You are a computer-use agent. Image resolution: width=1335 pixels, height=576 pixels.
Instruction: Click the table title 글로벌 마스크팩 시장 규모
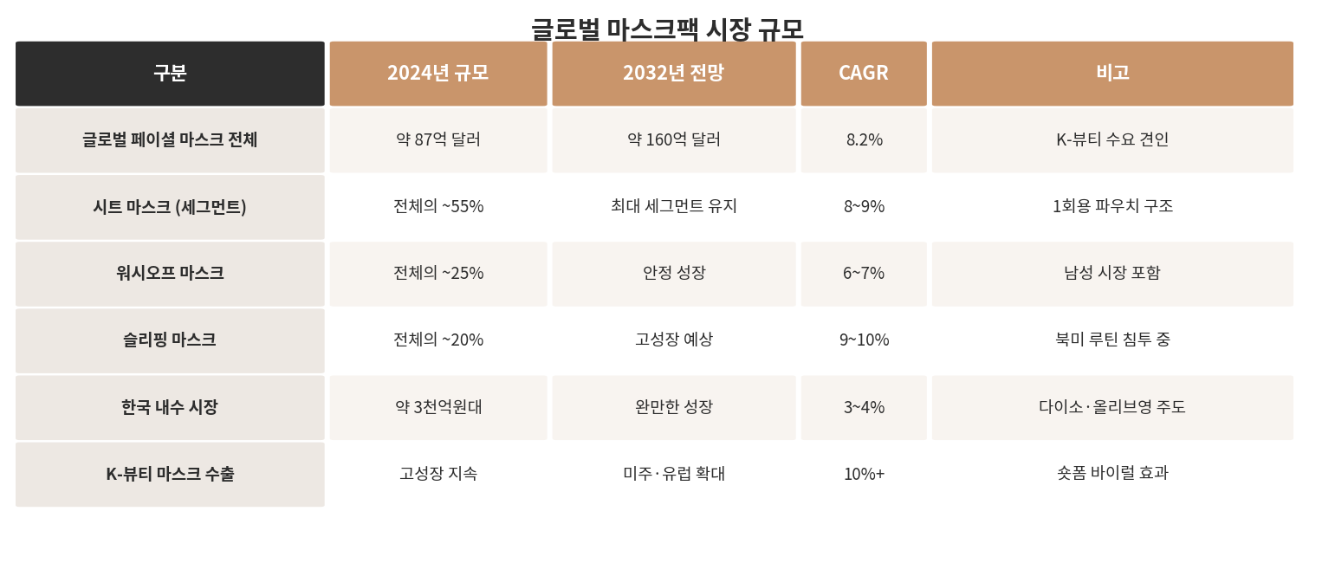coord(667,29)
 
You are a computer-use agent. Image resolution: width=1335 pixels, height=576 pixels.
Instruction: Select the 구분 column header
coord(170,74)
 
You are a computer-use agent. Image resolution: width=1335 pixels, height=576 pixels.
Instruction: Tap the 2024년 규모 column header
coord(438,74)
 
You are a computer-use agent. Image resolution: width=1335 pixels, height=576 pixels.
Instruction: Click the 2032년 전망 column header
coord(673,74)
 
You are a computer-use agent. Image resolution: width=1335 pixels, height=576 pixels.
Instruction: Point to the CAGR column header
coord(864,74)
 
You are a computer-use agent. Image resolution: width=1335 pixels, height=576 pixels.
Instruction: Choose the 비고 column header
coord(1112,74)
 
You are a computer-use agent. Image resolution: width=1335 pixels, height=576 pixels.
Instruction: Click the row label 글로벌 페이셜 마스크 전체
coord(170,139)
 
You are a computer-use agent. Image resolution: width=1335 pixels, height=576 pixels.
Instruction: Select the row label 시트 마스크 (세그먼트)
coord(170,207)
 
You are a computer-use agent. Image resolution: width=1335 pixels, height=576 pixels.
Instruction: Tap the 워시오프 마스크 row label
coord(170,274)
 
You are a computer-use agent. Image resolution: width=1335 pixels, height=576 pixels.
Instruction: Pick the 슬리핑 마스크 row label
coord(170,340)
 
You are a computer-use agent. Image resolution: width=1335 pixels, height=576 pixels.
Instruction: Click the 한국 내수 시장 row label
coord(170,407)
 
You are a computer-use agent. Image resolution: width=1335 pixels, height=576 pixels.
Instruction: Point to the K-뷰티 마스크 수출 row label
coord(170,474)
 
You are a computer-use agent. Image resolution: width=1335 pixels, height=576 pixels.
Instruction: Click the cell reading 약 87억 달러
coord(438,139)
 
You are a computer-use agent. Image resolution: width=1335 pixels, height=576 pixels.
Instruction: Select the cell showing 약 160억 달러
coord(673,139)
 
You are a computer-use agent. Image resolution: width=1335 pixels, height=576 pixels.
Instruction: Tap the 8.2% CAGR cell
coord(864,139)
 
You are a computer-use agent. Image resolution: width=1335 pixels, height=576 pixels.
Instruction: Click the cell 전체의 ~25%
coord(438,274)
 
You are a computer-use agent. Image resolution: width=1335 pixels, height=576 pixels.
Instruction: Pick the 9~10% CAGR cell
coord(864,340)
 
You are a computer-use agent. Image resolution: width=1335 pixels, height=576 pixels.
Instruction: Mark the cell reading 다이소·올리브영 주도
coord(1112,407)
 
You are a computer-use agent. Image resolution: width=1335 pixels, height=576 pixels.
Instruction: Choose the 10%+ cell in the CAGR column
coord(864,474)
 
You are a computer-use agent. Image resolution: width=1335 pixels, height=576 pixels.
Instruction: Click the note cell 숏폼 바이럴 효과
coord(1112,474)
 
